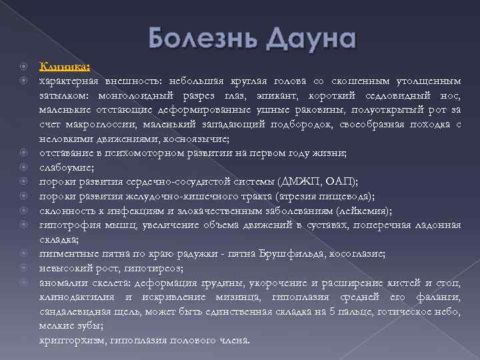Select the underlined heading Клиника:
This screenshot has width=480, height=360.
pos(65,66)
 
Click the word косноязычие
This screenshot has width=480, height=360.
pos(201,138)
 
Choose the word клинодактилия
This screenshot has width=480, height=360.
pos(77,297)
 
